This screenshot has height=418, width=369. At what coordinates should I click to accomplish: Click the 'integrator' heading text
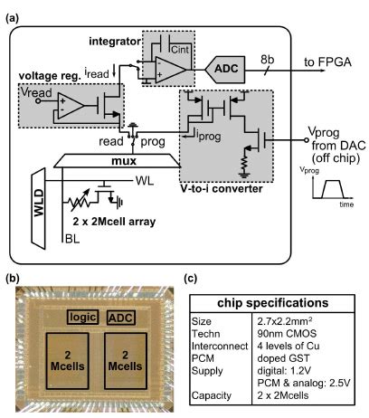click(116, 41)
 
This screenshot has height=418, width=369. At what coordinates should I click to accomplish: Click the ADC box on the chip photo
click(122, 318)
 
